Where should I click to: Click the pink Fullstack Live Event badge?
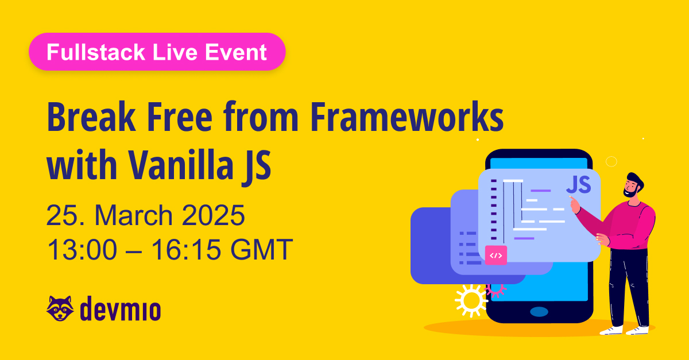157,52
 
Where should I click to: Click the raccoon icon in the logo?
60,309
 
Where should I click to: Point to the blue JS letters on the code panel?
578,185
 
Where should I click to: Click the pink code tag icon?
496,255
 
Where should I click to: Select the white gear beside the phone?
471,300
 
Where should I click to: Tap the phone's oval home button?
539,312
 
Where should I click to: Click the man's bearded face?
631,187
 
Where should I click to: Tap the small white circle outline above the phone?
611,161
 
